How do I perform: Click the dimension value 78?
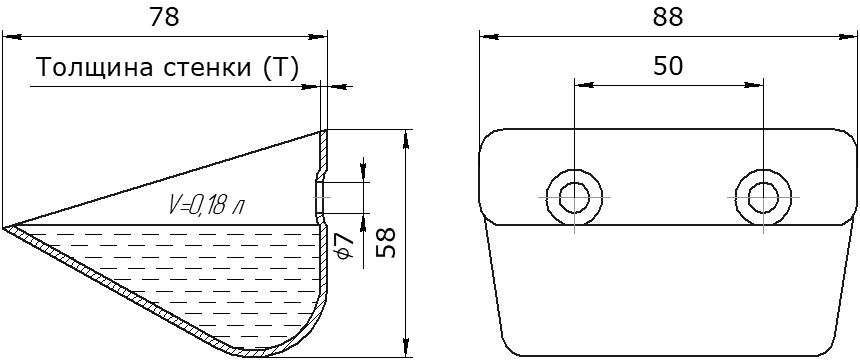pyautogui.click(x=165, y=18)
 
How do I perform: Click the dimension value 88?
pyautogui.click(x=667, y=18)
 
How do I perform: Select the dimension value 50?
pyautogui.click(x=668, y=66)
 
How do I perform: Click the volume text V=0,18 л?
pyautogui.click(x=206, y=206)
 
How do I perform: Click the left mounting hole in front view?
pyautogui.click(x=574, y=197)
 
